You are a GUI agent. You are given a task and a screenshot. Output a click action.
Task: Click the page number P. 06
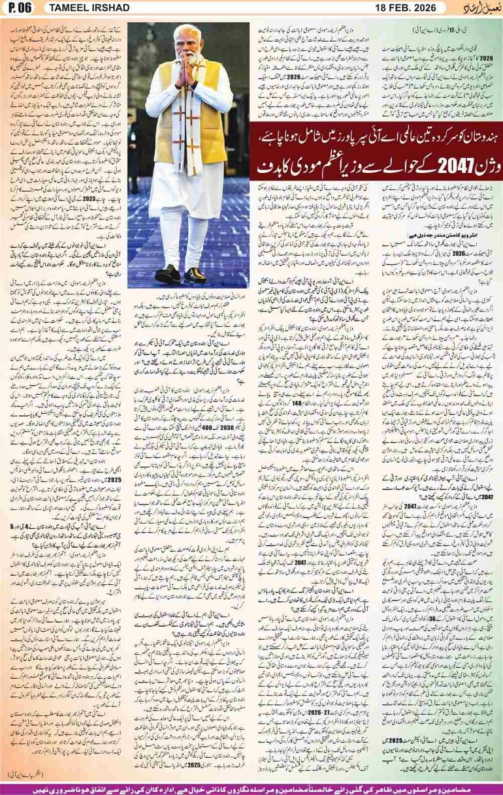20,8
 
